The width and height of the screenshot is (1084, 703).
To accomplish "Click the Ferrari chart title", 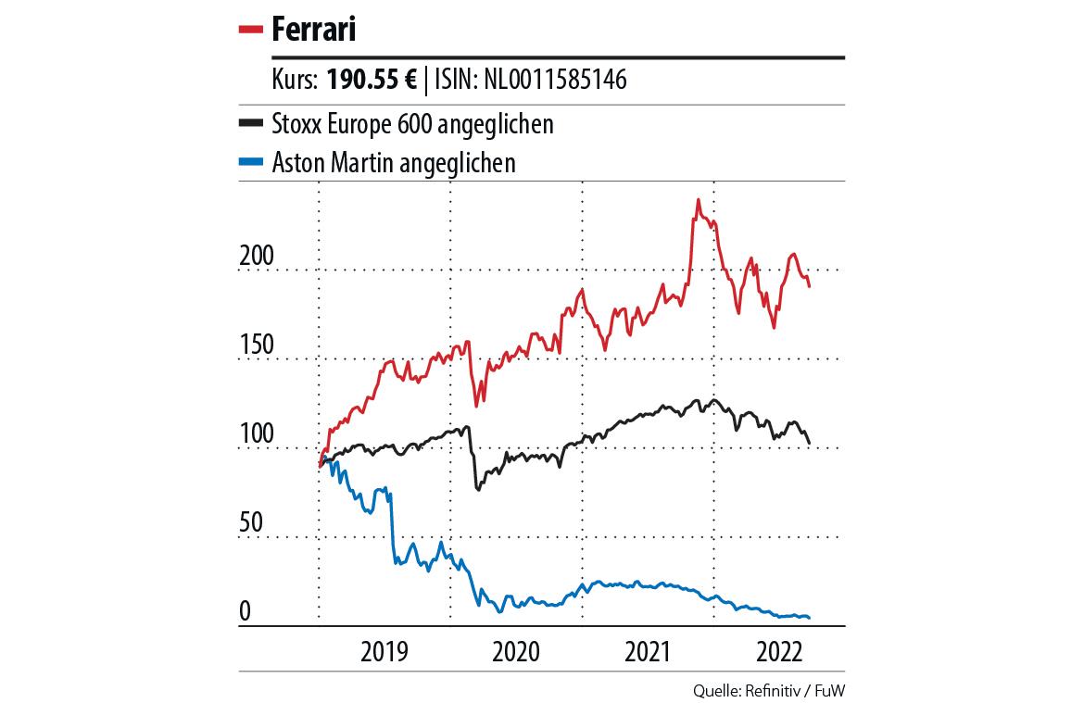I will point(314,30).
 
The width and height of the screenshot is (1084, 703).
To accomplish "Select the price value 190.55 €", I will point(369,81).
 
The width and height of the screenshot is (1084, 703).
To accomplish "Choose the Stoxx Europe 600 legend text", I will point(412,123).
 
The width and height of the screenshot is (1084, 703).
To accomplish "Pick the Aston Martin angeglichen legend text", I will point(394,163).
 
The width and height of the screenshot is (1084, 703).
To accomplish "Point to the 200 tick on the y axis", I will point(257,257).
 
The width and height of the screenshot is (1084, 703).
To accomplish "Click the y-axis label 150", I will point(257,345).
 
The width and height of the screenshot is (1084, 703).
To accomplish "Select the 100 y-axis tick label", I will point(257,434).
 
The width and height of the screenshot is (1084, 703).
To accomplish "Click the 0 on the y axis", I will point(246,611).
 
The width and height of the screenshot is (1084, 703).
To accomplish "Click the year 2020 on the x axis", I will point(516,651).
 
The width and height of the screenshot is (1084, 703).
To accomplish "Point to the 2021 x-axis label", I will point(648,651).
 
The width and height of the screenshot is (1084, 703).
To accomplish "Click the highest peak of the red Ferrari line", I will point(698,200).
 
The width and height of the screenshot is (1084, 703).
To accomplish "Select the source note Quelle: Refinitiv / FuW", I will point(768,690).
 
